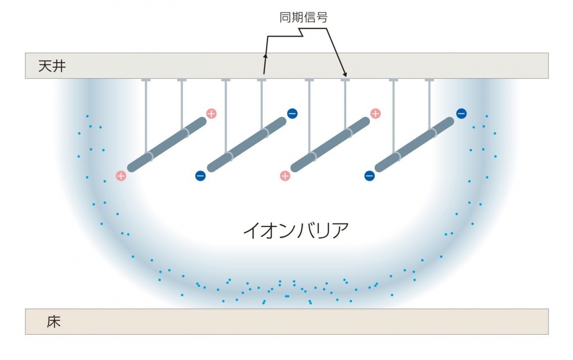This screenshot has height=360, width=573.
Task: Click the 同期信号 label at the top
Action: pos(304,18)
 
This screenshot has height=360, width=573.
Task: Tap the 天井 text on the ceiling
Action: pos(52,66)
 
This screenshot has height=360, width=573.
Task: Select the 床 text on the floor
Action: pos(54,321)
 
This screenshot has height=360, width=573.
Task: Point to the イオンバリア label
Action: pos(296,230)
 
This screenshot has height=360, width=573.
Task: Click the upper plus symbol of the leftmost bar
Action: pos(211,114)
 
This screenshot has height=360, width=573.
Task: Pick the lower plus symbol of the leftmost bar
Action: pos(121,176)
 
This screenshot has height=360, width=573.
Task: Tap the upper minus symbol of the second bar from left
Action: pos(292,114)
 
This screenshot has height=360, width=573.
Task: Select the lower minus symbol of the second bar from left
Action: pos(200,176)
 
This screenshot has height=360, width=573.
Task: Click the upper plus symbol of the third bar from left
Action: pos(375,114)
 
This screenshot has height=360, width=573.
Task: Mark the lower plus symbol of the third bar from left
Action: pos(285,176)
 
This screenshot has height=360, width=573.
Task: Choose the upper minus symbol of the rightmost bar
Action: pos(461,114)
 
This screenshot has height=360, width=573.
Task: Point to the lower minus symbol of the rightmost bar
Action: pos(369,176)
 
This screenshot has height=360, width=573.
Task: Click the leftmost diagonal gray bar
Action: pos(167,144)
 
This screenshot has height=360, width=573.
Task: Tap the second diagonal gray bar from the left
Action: pos(247,144)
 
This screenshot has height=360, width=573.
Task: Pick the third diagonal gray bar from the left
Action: pos(330,144)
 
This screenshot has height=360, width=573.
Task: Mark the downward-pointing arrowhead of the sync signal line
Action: pos(345,74)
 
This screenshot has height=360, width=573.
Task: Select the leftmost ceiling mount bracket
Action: pos(146,80)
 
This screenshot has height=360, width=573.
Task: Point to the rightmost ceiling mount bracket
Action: pos(429,80)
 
